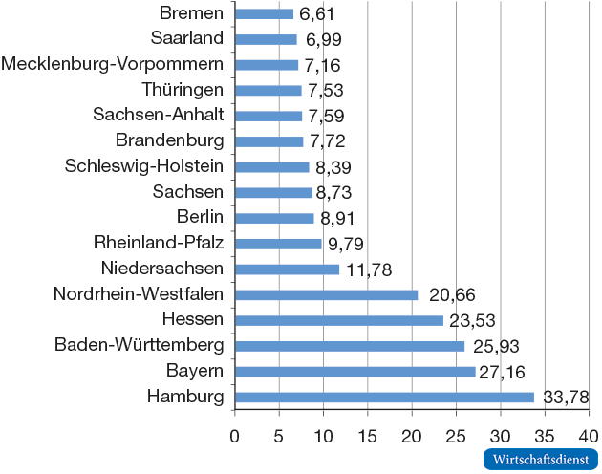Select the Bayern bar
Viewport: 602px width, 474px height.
pos(355,372)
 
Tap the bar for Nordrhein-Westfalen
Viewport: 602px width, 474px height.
pos(326,294)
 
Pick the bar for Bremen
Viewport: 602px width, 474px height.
pos(264,13)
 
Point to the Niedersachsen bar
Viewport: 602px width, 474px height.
pos(287,269)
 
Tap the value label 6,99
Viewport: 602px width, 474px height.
pos(324,39)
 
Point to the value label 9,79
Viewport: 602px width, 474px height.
pos(346,244)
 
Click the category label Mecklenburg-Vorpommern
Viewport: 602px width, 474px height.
pos(113,64)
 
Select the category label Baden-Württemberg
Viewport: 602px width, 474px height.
pos(140,344)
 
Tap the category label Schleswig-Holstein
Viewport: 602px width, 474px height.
pos(144,166)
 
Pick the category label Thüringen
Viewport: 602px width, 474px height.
pos(182,90)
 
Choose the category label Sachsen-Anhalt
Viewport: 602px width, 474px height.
pos(159,115)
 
